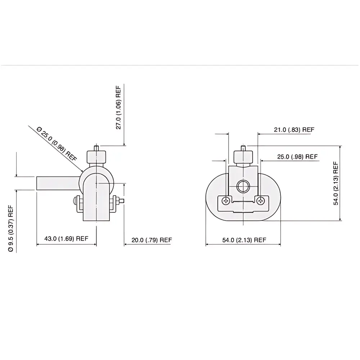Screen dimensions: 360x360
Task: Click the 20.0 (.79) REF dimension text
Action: tap(152, 240)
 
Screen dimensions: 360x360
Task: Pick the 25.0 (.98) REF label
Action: tap(297, 157)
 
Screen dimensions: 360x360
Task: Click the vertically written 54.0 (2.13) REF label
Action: tap(336, 184)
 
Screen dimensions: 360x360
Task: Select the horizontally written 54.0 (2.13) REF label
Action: tap(244, 240)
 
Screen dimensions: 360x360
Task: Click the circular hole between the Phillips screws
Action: tap(243, 186)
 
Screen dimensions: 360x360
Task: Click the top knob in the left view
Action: tap(96, 157)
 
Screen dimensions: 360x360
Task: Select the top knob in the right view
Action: tap(243, 157)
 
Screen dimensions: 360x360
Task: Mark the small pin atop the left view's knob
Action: tap(96, 148)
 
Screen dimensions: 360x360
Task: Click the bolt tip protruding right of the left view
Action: tap(123, 201)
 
